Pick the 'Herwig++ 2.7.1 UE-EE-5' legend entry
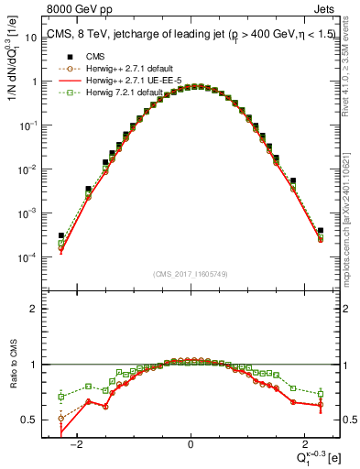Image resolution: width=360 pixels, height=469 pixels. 125,81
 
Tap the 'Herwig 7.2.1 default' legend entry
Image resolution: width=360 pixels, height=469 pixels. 119,93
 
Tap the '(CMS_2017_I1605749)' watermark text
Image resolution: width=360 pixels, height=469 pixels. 191,273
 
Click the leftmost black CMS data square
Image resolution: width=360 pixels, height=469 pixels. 61,235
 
